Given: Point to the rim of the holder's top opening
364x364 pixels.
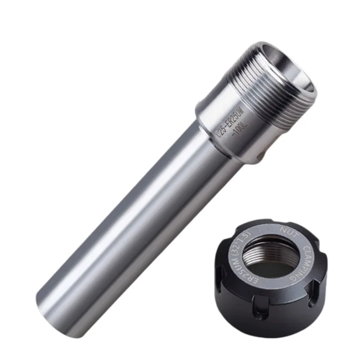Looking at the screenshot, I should [273, 50].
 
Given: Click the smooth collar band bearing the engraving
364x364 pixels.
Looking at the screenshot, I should [227, 132].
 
